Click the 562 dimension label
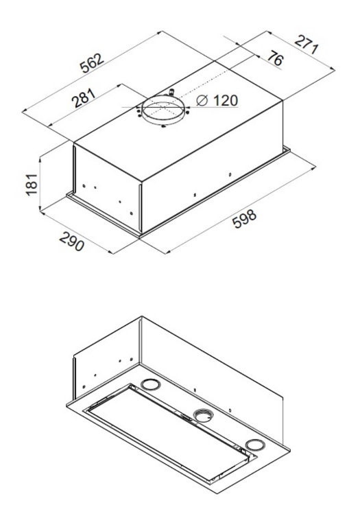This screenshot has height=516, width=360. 93,62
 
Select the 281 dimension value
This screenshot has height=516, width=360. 84,97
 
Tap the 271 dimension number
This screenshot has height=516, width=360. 307,45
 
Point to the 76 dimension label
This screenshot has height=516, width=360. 275,58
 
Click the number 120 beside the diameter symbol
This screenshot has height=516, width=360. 225,100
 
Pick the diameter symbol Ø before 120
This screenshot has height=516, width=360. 202,100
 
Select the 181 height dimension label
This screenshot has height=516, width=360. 32,184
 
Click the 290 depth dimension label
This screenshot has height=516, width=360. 72,242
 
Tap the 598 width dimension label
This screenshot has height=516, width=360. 244,218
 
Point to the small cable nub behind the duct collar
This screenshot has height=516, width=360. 171,91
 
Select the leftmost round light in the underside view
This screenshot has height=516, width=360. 151,384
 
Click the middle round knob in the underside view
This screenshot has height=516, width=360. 203,415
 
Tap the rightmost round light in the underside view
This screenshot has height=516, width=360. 254,444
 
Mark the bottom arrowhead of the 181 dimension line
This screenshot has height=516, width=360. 40,208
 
